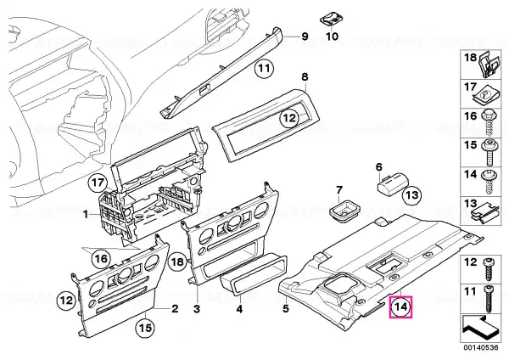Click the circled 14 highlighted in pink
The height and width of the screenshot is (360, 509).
[401, 307]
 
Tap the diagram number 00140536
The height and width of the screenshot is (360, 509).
[481, 347]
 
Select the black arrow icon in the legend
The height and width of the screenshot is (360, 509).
[480, 327]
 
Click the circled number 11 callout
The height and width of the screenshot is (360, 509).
[264, 69]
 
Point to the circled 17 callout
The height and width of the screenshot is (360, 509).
[98, 183]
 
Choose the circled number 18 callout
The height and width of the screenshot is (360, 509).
[178, 262]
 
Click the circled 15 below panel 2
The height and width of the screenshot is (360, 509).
[146, 328]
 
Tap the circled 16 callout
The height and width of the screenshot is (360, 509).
[101, 259]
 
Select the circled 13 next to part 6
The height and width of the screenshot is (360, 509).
[411, 195]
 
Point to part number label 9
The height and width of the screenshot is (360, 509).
[305, 36]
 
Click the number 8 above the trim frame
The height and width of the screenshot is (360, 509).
[305, 77]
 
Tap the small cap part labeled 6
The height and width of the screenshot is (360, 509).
[392, 185]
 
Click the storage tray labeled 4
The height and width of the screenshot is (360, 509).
[254, 276]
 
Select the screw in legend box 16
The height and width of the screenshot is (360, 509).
[488, 124]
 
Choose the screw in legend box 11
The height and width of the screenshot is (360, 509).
[488, 299]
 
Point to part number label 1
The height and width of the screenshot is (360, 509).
[86, 215]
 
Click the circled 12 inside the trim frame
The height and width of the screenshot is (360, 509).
[289, 118]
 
